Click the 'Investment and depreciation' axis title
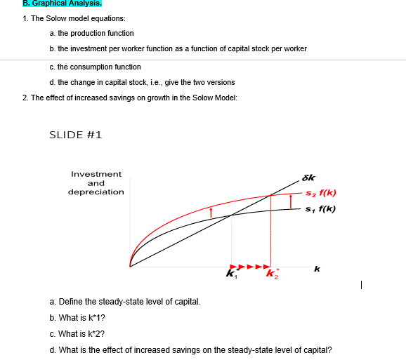[x=96, y=182]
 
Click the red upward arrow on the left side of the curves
[x=210, y=211]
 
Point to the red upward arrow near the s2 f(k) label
[x=291, y=202]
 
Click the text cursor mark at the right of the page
[x=359, y=285]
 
